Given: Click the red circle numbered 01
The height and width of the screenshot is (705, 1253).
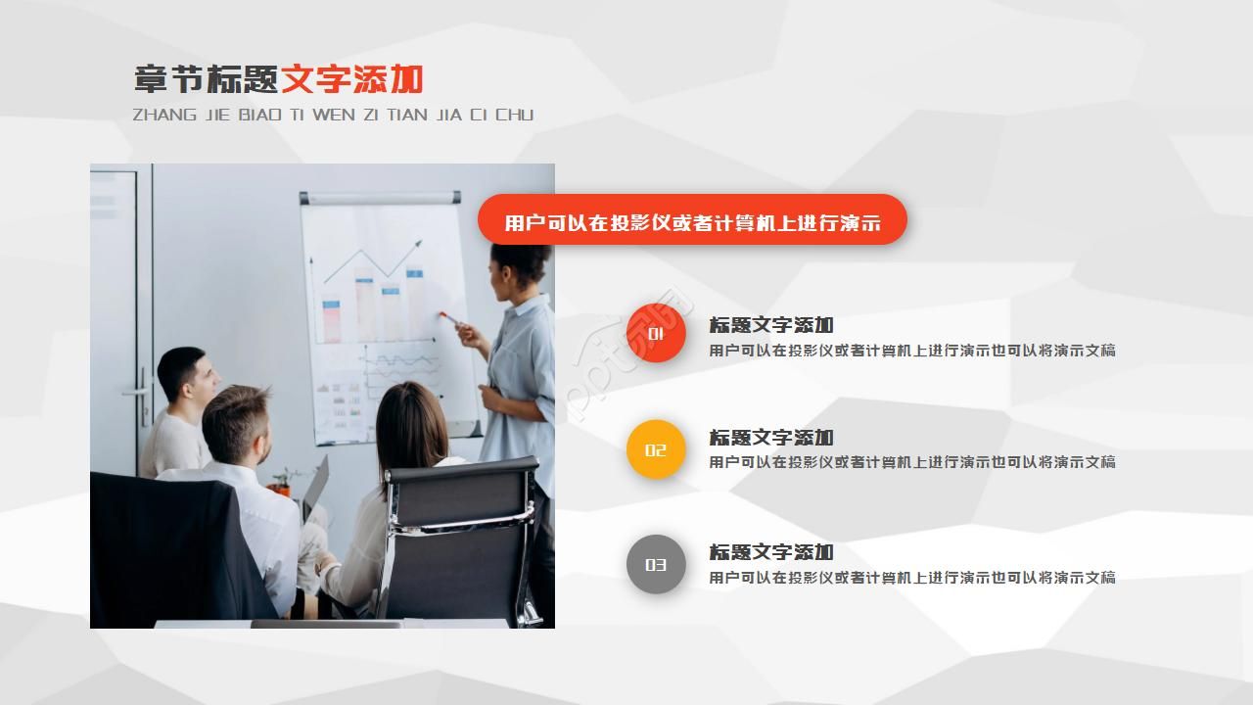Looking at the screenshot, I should tap(656, 333).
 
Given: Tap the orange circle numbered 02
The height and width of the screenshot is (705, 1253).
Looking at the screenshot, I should tap(656, 449).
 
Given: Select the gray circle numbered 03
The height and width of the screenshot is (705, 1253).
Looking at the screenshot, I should tap(656, 564).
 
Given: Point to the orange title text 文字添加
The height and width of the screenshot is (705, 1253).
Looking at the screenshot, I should tap(352, 79).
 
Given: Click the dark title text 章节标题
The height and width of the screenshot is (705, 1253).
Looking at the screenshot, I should tap(207, 79).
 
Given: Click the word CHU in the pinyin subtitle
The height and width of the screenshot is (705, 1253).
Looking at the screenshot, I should tap(514, 115).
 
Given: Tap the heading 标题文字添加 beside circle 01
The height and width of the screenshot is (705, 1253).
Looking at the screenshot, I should tap(771, 324).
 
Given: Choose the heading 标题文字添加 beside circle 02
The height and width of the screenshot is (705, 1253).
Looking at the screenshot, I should tap(771, 437).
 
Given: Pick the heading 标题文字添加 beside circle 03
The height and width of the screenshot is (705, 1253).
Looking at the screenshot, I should tap(771, 551).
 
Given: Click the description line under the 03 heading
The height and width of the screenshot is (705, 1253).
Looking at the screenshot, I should tap(912, 577).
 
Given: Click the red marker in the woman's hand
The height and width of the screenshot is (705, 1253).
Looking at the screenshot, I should tap(445, 316).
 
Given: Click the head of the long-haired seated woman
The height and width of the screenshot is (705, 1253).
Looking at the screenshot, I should tap(411, 421).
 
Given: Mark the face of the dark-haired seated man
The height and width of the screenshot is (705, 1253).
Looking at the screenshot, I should tap(201, 377).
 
